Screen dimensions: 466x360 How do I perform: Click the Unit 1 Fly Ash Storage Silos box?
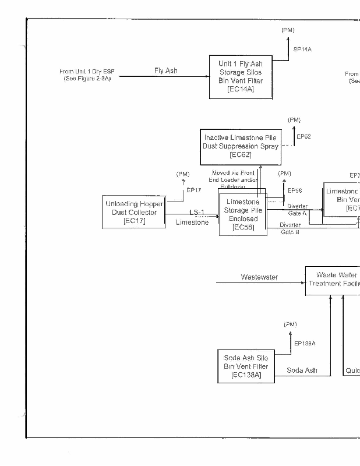pos(241,77)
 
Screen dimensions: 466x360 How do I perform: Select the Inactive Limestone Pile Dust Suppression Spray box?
pos(240,146)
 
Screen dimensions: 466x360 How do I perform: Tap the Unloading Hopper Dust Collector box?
pos(134,212)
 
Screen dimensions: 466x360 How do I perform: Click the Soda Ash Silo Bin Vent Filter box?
pos(246,366)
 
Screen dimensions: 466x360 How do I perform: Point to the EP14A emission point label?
pos(302,50)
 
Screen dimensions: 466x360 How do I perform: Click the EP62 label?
pos(303,137)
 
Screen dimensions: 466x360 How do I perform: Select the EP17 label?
pos(193,190)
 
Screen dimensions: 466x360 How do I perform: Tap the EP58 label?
pos(295,190)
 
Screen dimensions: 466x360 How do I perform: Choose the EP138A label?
pos(305,344)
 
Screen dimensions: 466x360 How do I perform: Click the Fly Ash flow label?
pos(166,70)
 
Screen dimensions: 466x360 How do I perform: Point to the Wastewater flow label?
pos(259,277)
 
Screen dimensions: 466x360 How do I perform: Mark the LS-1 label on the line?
pos(197,212)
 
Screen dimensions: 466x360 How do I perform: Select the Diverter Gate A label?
pos(297,210)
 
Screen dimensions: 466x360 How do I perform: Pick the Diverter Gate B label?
pos(290,228)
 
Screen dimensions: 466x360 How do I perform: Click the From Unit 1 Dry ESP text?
pos(87,75)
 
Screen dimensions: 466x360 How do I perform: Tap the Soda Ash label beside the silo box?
pos(302,370)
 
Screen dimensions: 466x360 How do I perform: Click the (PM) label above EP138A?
pos(290,324)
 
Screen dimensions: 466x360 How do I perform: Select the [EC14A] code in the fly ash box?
pos(241,90)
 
